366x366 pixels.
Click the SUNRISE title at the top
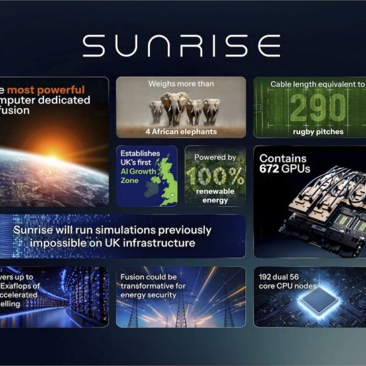(x=181, y=46)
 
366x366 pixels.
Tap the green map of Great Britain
(x=163, y=180)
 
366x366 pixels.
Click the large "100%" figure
(x=215, y=176)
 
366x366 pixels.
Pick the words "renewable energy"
(x=215, y=196)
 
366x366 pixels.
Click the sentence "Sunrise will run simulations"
(x=112, y=231)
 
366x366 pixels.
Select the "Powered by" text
(x=215, y=157)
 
